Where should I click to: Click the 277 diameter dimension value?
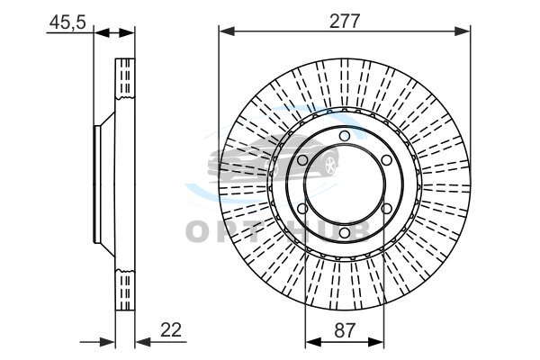coord(345,21)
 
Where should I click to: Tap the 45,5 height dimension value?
coord(67,22)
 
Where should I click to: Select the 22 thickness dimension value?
coord(171,330)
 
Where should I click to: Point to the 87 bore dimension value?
coord(345,330)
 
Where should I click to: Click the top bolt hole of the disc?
coord(345,136)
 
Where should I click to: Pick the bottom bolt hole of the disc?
coord(345,233)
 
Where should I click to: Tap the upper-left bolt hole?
coord(302,160)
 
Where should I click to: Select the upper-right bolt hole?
coord(386,160)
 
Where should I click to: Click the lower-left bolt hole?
coord(302,209)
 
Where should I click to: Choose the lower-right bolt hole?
coord(386,209)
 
